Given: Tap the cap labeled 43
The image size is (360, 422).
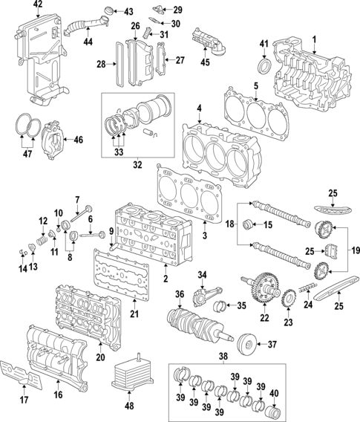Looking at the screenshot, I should click(x=108, y=10).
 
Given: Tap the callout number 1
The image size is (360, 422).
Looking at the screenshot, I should click(x=313, y=39).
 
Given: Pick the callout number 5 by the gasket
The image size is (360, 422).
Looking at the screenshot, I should click(x=255, y=85).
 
